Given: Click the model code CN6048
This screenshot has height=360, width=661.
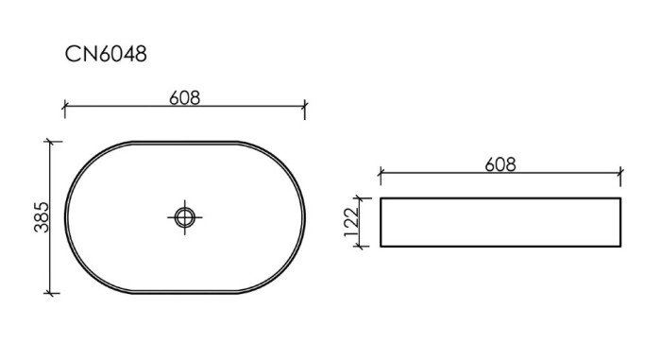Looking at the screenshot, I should point(106,55).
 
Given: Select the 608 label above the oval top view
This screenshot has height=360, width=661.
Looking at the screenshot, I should point(184,97).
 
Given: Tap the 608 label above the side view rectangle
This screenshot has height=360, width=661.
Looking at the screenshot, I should point(500,163).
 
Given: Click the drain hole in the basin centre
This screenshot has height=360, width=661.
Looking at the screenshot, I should point(184,217).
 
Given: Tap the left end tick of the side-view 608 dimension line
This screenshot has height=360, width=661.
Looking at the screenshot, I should point(380,176).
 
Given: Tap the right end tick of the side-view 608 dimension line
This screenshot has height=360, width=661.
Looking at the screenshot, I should point(620,176).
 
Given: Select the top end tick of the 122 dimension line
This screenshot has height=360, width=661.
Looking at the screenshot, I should point(360,198).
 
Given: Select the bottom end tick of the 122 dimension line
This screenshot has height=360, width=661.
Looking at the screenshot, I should point(360,247).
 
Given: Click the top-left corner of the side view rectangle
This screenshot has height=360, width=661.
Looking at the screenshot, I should point(381,198).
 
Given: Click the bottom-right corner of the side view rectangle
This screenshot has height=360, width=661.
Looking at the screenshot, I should point(620,247).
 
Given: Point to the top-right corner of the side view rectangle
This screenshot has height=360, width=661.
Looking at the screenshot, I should point(620,198).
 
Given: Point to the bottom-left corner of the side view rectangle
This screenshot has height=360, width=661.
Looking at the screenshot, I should point(381,247).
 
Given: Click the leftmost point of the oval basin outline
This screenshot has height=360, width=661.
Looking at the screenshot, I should point(64,217).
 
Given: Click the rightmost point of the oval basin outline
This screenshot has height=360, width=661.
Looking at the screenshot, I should point(305,217).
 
